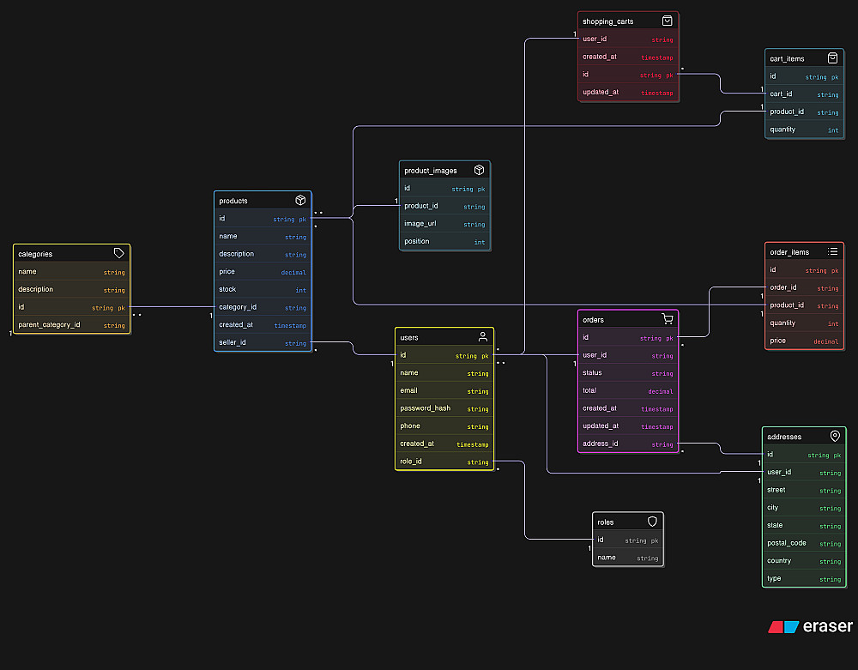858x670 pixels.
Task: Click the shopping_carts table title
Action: [607, 21]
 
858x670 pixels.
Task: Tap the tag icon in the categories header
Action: [119, 254]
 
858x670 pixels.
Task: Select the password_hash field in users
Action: [425, 408]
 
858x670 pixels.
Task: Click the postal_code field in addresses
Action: [786, 543]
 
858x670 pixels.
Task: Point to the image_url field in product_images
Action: [421, 224]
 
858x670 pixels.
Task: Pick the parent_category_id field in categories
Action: [49, 325]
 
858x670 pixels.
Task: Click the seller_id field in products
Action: [233, 343]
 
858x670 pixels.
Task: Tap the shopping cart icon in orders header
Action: [667, 319]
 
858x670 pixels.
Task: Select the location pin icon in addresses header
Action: [834, 436]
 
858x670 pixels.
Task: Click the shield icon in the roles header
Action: [652, 522]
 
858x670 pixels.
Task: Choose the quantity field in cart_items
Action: [782, 130]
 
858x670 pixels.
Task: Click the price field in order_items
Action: [777, 341]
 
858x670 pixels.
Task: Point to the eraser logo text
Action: [828, 626]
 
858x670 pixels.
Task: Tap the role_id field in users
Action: [411, 462]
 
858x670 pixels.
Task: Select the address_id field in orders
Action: [601, 444]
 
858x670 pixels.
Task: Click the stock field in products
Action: [227, 289]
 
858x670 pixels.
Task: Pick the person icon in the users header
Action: [483, 337]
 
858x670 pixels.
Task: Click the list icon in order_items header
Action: [832, 251]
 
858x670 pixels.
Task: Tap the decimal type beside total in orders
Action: [661, 391]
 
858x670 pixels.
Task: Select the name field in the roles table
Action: [607, 558]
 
